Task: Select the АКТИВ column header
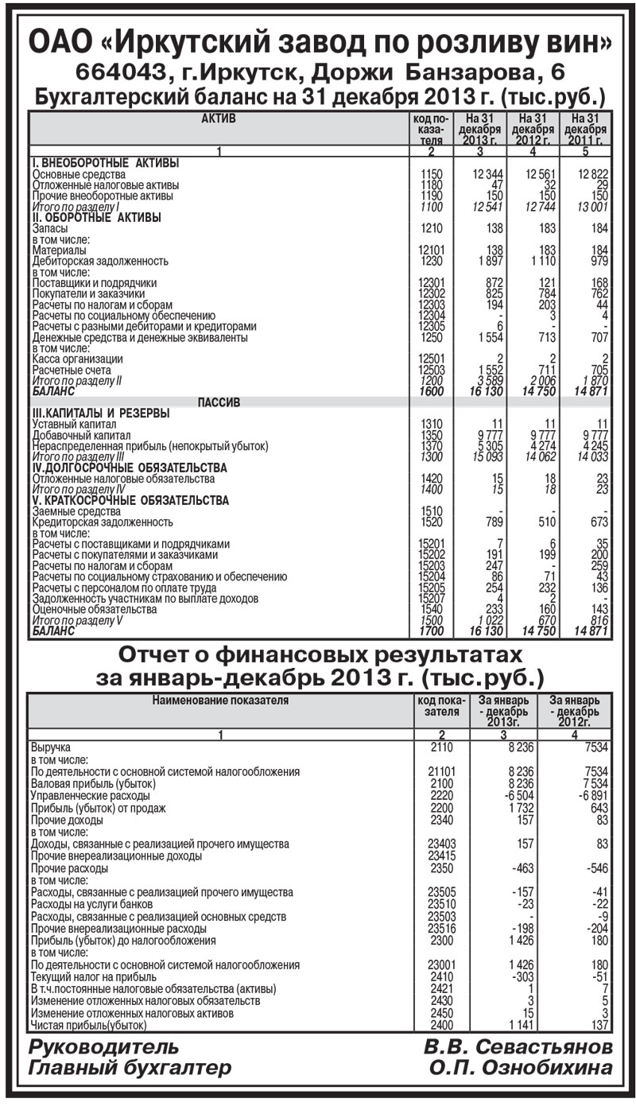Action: point(219,118)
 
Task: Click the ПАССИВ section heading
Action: point(219,403)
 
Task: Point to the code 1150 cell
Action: point(430,174)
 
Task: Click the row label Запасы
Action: point(48,228)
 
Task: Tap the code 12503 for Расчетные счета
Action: point(430,371)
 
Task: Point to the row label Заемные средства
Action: point(71,511)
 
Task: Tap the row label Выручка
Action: point(51,748)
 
